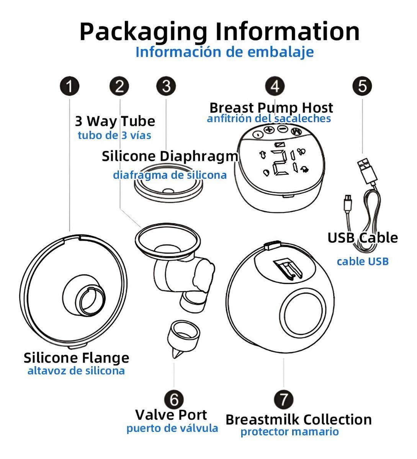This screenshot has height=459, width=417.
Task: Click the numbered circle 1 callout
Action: [x=69, y=87]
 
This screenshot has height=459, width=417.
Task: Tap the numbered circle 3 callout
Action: [x=166, y=86]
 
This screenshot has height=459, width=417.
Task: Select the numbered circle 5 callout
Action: [x=362, y=86]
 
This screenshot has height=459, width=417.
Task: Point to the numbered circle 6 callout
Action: [x=174, y=399]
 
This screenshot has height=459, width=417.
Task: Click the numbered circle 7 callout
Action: [x=284, y=399]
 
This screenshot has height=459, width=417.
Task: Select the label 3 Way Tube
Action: [x=115, y=121]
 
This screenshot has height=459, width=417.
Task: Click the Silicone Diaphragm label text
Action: [x=170, y=156]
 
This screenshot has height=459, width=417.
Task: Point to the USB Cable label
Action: [x=362, y=238]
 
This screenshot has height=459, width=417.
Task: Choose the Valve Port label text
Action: [x=171, y=415]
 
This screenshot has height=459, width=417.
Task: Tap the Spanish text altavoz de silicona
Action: [x=76, y=371]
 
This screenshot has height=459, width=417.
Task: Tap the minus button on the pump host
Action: [x=283, y=130]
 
